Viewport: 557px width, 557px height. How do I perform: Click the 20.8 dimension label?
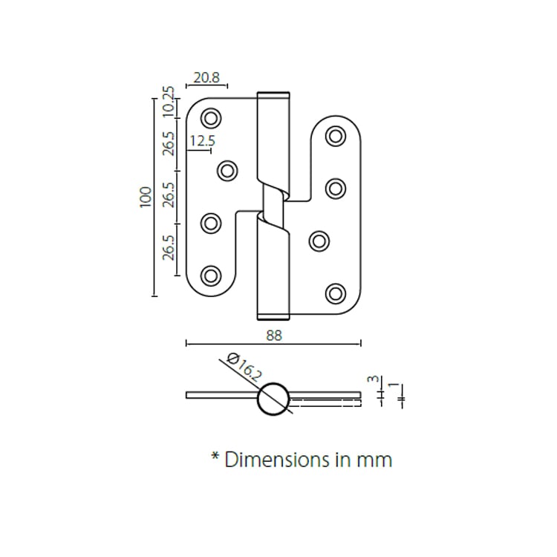206,76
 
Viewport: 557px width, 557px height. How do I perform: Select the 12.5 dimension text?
202,140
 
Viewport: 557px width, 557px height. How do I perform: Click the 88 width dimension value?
274,335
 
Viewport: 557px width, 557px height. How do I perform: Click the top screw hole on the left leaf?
212,117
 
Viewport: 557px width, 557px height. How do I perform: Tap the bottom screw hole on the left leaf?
212,275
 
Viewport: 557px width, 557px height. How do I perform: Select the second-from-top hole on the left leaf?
227,170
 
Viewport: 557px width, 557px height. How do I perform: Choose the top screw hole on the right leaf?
336,135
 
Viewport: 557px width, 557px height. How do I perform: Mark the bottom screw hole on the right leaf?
336,293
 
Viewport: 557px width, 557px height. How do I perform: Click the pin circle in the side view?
273,397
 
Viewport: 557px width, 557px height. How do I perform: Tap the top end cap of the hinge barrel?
273,94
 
